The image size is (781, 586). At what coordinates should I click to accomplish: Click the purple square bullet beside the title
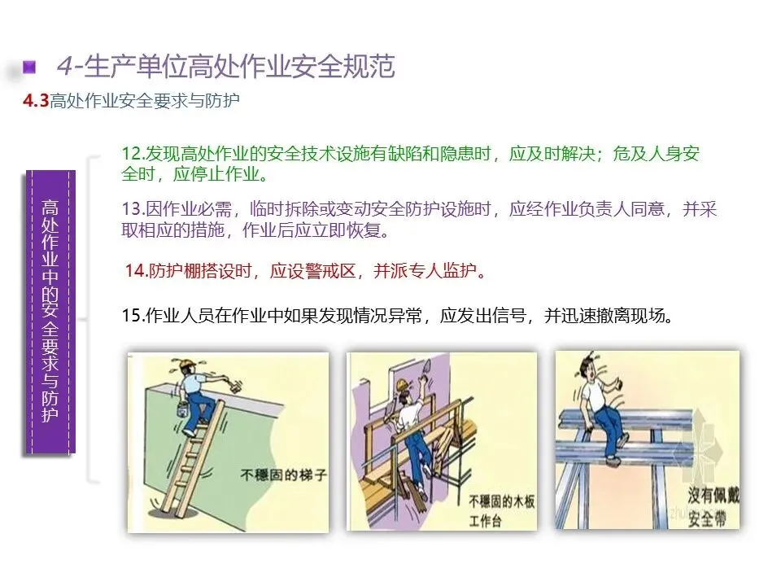(29, 66)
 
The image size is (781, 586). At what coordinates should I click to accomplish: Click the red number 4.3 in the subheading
(36, 101)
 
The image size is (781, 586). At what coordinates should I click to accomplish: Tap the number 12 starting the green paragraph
(133, 154)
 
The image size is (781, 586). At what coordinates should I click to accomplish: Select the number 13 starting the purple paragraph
(133, 209)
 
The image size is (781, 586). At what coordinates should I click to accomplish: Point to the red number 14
(135, 270)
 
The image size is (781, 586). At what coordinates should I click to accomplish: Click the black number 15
(133, 316)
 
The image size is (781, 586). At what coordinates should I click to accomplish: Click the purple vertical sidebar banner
(50, 312)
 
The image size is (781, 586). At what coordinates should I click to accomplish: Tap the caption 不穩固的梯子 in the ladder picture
(283, 474)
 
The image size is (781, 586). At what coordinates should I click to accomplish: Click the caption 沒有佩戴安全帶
(713, 507)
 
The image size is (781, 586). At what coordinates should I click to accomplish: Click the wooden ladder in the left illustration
(190, 457)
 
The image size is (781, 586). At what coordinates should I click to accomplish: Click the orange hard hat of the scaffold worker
(403, 384)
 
